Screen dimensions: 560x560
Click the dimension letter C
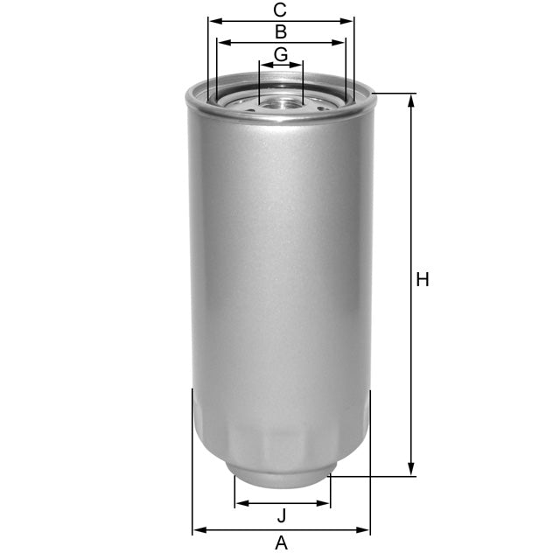pos(280,10)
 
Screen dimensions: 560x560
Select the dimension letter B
pos(281,32)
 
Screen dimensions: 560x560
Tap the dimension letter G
pos(281,54)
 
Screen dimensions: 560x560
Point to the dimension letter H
pos(423,280)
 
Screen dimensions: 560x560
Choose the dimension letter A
pos(281,543)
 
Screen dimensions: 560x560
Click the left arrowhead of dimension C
pos(213,20)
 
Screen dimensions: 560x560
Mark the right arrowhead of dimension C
pos(349,20)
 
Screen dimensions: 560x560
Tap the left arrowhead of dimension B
pos(222,42)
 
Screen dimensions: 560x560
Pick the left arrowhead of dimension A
pos(197,529)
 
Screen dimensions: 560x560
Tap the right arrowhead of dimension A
pos(365,529)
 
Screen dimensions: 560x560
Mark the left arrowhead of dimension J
pos(240,503)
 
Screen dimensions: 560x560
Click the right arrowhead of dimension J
pos(325,503)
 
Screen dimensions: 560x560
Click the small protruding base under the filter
pos(281,478)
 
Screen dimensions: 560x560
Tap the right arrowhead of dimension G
pos(298,64)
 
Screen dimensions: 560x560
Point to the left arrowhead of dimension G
pos(264,64)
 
